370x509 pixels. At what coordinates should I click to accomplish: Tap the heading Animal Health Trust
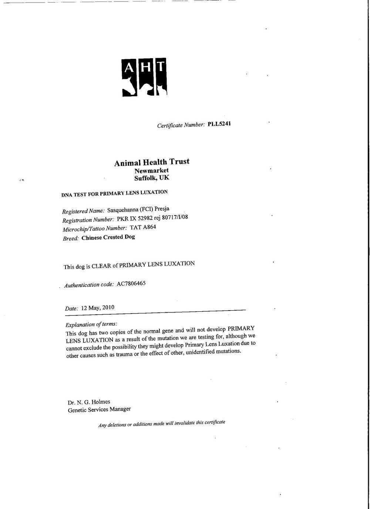pos(152,162)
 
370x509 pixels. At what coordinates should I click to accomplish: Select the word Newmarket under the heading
pos(152,171)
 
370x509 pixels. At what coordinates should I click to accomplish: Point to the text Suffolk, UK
pos(152,178)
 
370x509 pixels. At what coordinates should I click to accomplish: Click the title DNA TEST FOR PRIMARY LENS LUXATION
pos(114,193)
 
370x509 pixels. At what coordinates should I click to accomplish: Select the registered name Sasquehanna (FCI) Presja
pos(138,210)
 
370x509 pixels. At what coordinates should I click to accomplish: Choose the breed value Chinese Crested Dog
pos(108,237)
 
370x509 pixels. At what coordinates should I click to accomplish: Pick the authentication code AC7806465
pos(131,284)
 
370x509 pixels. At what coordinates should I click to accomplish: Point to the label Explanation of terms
pos(91,324)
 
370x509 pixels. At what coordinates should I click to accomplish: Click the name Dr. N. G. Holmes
pos(89,402)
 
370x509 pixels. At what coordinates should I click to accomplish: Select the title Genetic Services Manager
pos(99,409)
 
